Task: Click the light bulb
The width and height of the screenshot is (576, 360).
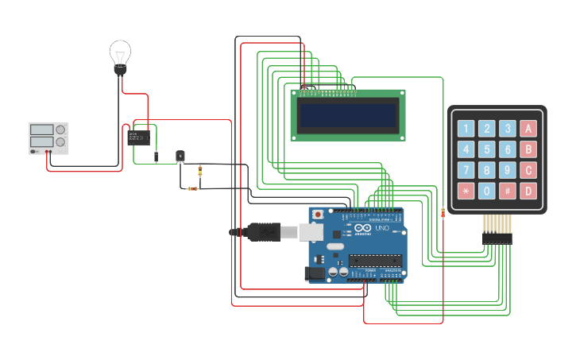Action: [120, 56]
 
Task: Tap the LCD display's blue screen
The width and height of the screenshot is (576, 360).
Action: [347, 116]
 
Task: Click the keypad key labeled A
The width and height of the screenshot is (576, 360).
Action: [528, 129]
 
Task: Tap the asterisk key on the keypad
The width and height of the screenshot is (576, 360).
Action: [466, 191]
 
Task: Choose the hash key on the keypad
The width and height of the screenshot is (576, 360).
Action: [508, 191]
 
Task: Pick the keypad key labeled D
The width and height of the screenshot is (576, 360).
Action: [528, 191]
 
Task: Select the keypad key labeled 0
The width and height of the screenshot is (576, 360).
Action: [487, 191]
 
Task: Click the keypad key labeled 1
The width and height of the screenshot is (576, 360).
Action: [466, 129]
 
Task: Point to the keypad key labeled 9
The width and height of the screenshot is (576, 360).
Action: [508, 170]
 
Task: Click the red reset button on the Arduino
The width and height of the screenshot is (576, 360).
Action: [319, 214]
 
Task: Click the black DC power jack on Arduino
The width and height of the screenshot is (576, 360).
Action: [314, 273]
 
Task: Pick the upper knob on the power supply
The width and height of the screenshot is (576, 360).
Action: [61, 130]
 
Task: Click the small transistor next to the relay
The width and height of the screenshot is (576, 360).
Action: [180, 156]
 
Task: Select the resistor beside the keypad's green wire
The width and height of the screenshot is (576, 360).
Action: [443, 212]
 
